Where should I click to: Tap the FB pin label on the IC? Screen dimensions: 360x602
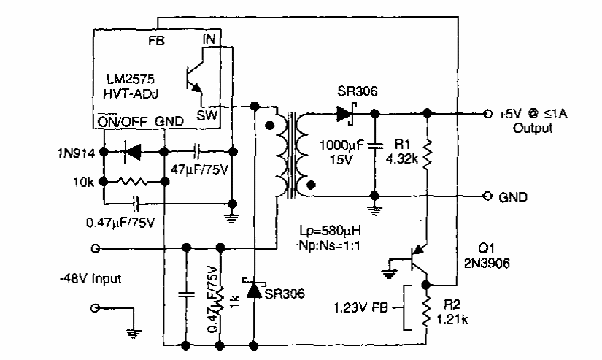click(156, 42)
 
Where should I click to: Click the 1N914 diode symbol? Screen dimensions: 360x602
click(132, 152)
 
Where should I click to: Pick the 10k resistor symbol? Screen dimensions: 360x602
click(133, 180)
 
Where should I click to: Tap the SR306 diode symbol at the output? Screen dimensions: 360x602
click(345, 114)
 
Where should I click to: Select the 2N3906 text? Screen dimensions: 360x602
click(485, 260)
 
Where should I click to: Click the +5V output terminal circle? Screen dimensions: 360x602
click(487, 114)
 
